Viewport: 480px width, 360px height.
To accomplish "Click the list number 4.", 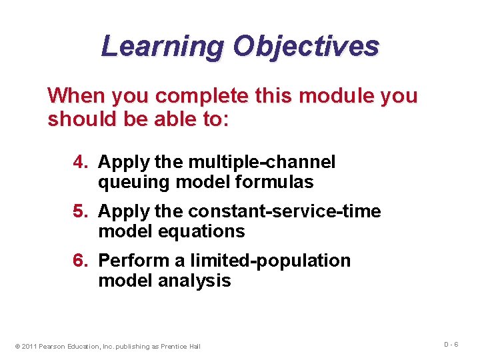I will (x=81, y=162).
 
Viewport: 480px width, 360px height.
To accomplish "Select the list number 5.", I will (x=81, y=211).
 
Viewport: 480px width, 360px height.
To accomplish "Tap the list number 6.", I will (x=81, y=261).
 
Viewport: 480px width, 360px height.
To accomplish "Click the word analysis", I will (x=195, y=281).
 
